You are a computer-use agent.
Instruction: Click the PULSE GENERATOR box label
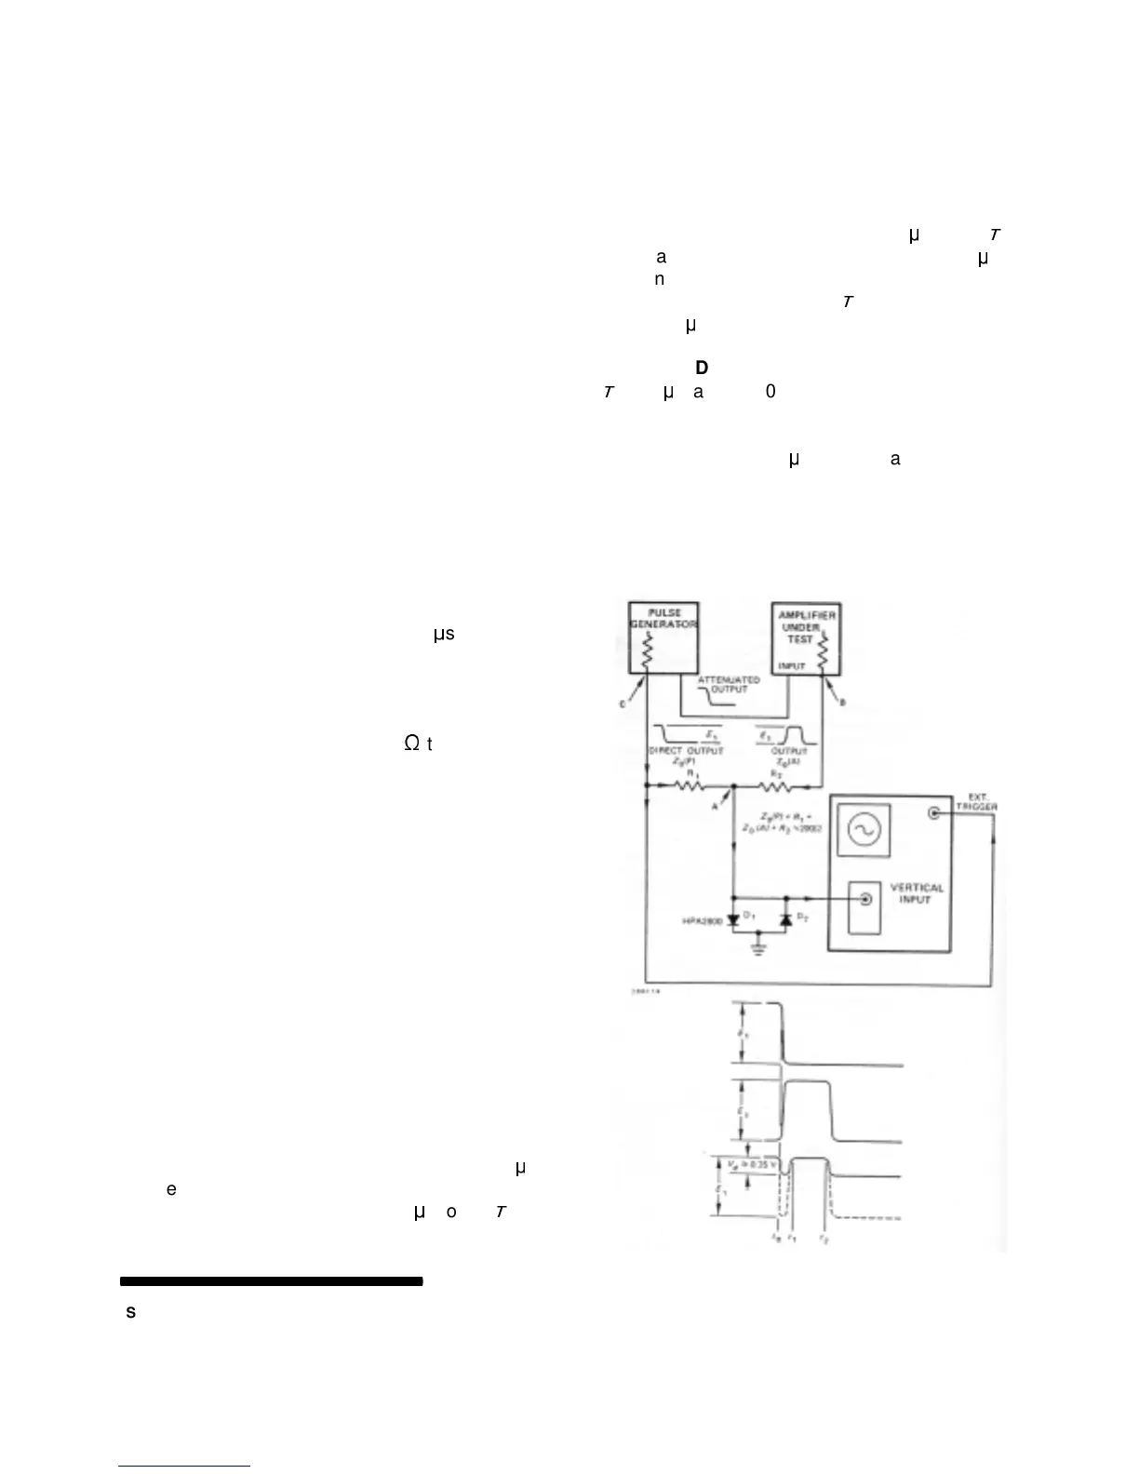point(664,619)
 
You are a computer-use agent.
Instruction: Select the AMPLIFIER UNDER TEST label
point(807,627)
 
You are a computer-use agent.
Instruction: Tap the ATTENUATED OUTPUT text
point(729,684)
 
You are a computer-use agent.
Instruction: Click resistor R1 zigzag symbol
point(690,786)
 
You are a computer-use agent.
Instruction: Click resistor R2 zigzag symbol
point(776,786)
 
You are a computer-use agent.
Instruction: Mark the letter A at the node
point(715,807)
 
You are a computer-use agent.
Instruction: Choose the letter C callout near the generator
point(623,704)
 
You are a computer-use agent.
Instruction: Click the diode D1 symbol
point(732,919)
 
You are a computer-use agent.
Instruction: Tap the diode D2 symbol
point(784,919)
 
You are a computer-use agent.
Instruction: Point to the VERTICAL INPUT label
point(917,893)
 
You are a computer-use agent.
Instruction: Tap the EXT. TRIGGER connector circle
point(933,812)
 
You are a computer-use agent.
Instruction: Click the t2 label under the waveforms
point(820,1239)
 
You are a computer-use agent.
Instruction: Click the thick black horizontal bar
point(271,1281)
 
